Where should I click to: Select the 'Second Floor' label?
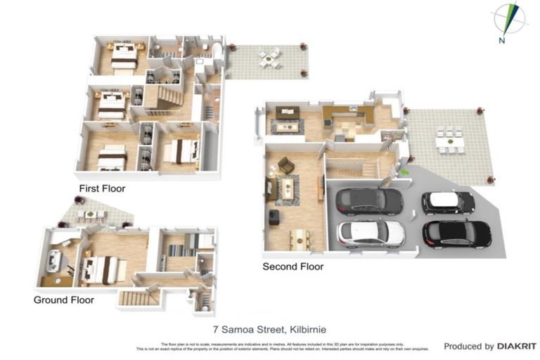(x=292, y=266)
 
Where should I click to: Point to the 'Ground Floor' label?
(x=63, y=300)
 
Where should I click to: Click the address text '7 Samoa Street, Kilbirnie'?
(x=269, y=329)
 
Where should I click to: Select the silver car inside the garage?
(x=371, y=233)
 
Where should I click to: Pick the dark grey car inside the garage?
(x=369, y=200)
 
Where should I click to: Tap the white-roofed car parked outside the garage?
(x=448, y=202)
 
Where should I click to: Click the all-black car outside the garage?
(x=456, y=232)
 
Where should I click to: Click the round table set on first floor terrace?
(x=269, y=58)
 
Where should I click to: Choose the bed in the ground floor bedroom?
(x=102, y=269)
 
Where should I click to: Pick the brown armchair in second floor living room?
(x=285, y=165)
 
